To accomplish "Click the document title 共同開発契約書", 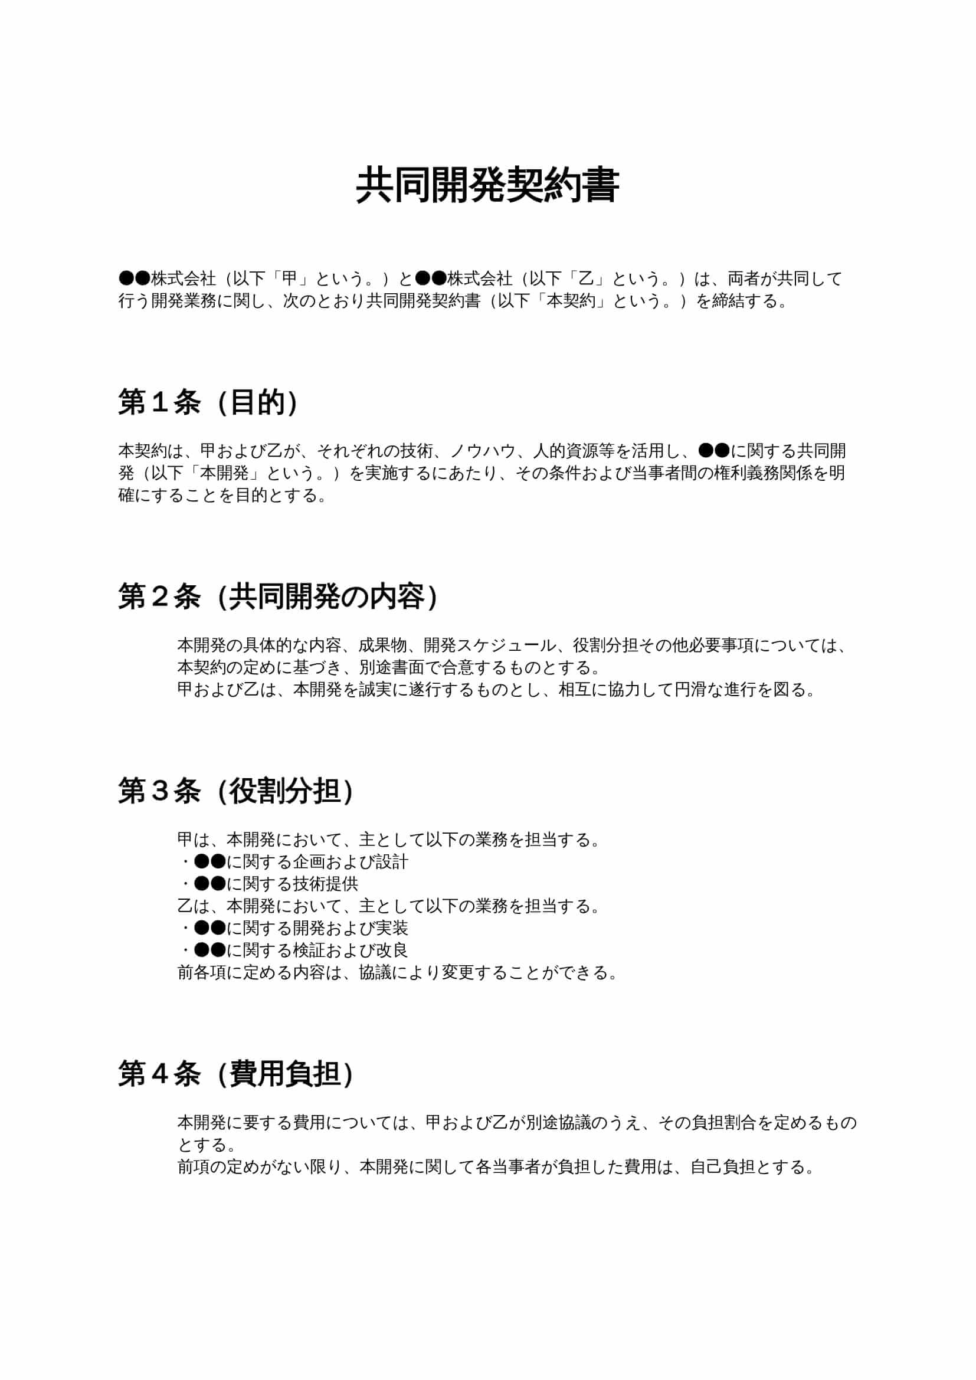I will pyautogui.click(x=487, y=186).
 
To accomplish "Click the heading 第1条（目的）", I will pyautogui.click(x=208, y=402).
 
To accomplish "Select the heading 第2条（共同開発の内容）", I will pyautogui.click(x=278, y=597).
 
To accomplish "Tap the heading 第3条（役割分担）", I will pyautogui.click(x=235, y=791).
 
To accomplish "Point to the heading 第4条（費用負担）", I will pyautogui.click(x=235, y=1074).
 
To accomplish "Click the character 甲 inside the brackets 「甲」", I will pyautogui.click(x=290, y=279).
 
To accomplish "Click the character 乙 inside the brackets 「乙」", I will pyautogui.click(x=586, y=279).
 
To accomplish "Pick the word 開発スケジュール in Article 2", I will pyautogui.click(x=490, y=645).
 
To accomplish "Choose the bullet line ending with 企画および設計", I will pyautogui.click(x=294, y=862).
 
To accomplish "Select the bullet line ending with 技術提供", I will pyautogui.click(x=270, y=884).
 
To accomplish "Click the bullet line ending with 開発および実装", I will pyautogui.click(x=294, y=928).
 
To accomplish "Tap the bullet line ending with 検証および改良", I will pyautogui.click(x=294, y=950).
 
